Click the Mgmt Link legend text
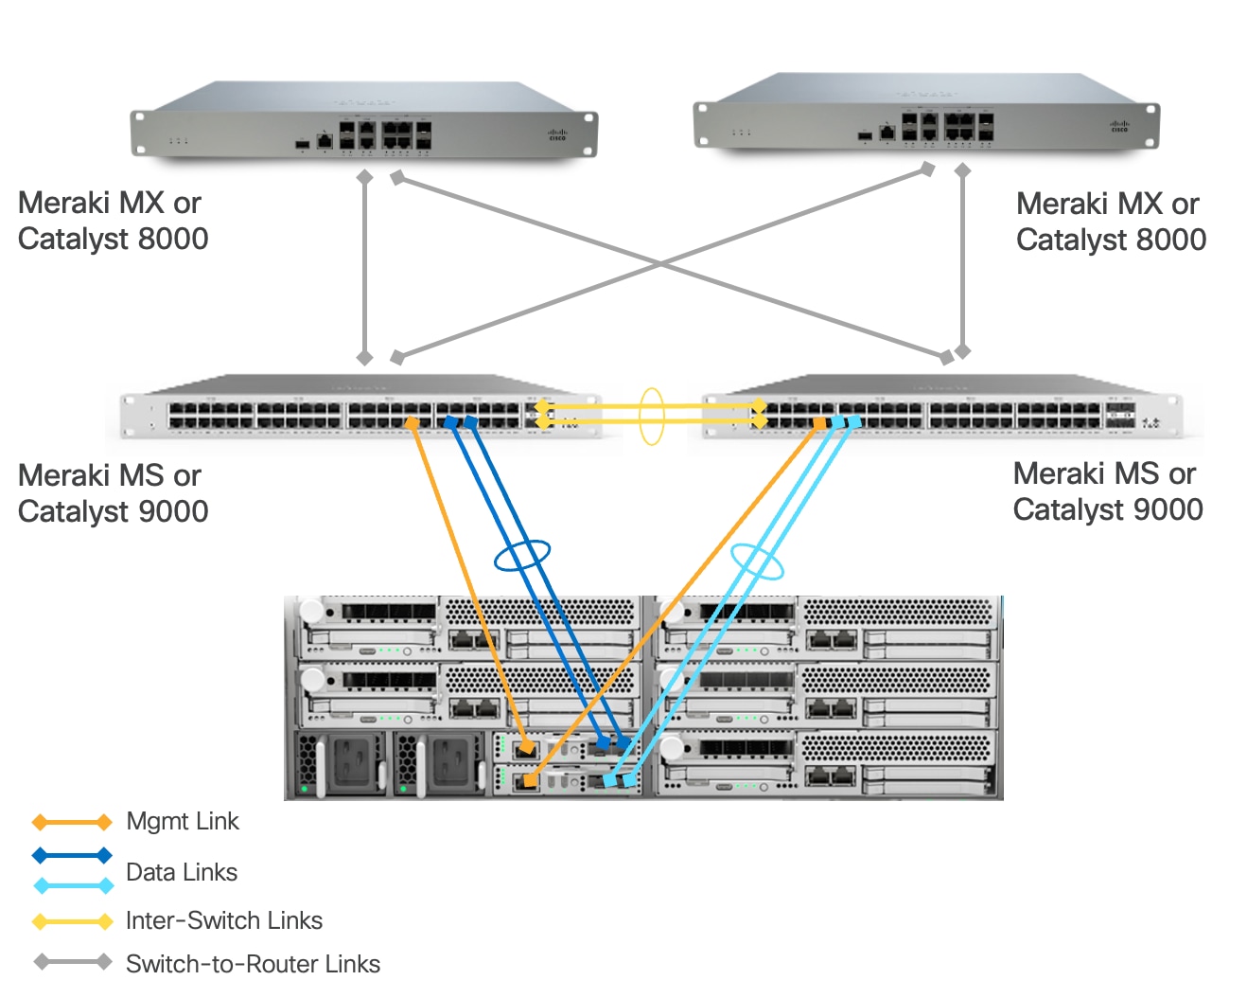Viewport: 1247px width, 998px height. click(x=182, y=821)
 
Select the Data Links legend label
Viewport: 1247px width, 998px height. click(x=181, y=872)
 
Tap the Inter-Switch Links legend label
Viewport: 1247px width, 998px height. click(x=223, y=920)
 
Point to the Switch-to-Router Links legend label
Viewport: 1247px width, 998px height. click(x=253, y=964)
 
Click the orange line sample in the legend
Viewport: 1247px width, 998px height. click(x=72, y=822)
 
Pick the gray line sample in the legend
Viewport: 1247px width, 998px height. click(x=72, y=962)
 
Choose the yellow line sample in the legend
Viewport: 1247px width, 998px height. click(x=72, y=921)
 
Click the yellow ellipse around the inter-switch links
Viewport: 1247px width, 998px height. click(x=651, y=416)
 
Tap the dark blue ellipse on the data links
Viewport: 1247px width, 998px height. click(x=521, y=556)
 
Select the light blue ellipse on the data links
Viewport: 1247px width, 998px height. click(x=757, y=561)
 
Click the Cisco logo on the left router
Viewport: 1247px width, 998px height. click(x=557, y=135)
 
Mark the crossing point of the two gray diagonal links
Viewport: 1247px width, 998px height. click(x=662, y=265)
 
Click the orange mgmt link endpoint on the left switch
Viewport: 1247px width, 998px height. click(x=412, y=422)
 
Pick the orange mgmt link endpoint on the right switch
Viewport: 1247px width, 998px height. click(x=819, y=424)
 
